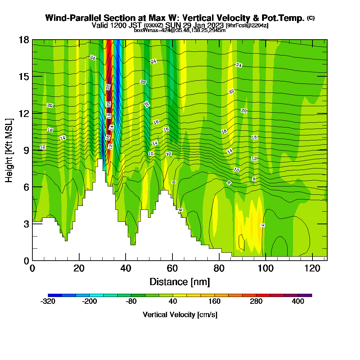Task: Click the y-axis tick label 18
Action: tap(24, 40)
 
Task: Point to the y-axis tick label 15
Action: tap(24, 76)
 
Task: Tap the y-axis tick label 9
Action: tap(26, 150)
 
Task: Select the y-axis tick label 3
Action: tap(26, 224)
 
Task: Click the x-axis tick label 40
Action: tap(126, 268)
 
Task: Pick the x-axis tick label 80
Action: tap(219, 268)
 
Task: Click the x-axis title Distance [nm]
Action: tap(179, 282)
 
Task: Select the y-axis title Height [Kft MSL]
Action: tap(9, 150)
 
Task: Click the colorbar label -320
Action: tap(48, 302)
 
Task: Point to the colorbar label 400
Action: tap(298, 302)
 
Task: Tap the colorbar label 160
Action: tap(215, 302)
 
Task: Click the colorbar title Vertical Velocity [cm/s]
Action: tap(180, 315)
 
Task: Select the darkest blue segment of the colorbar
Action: tap(55, 295)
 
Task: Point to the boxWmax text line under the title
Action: tap(180, 30)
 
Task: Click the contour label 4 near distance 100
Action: tap(263, 225)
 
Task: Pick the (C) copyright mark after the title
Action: tap(311, 18)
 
